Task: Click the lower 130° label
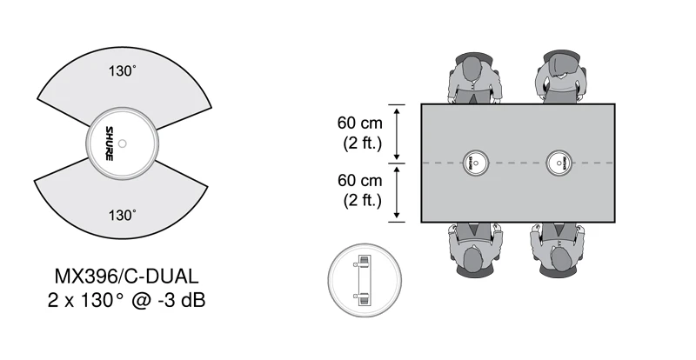click(123, 214)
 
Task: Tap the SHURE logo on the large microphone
click(109, 143)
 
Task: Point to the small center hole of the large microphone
click(123, 143)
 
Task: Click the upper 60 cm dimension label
click(359, 123)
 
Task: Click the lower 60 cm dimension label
click(359, 181)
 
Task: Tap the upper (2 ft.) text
click(359, 143)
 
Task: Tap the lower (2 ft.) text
click(359, 200)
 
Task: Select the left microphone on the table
click(476, 163)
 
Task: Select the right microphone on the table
click(559, 163)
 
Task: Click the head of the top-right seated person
click(559, 69)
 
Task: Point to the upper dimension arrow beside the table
click(397, 133)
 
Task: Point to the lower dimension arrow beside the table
click(397, 192)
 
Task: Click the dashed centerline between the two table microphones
click(518, 163)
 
